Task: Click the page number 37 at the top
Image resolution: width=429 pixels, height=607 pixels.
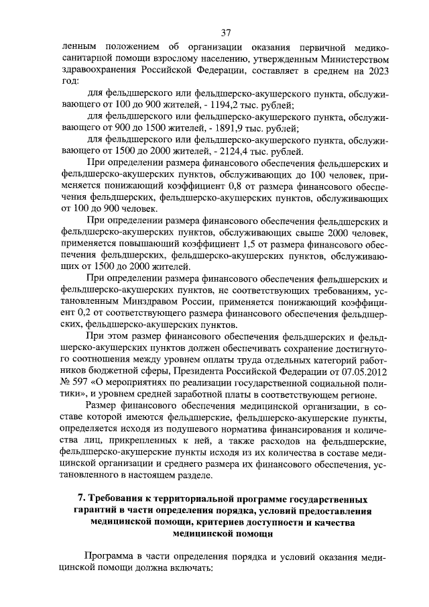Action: [226, 32]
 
